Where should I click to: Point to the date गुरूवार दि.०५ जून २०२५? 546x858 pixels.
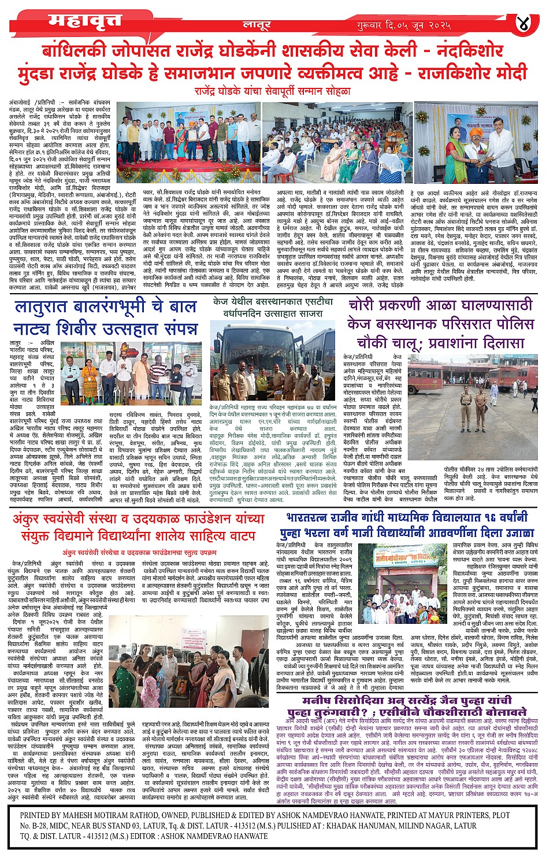[404, 25]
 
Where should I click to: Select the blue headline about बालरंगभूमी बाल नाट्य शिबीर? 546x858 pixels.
[106, 317]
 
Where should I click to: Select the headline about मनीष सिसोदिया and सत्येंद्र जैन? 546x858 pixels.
[407, 705]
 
